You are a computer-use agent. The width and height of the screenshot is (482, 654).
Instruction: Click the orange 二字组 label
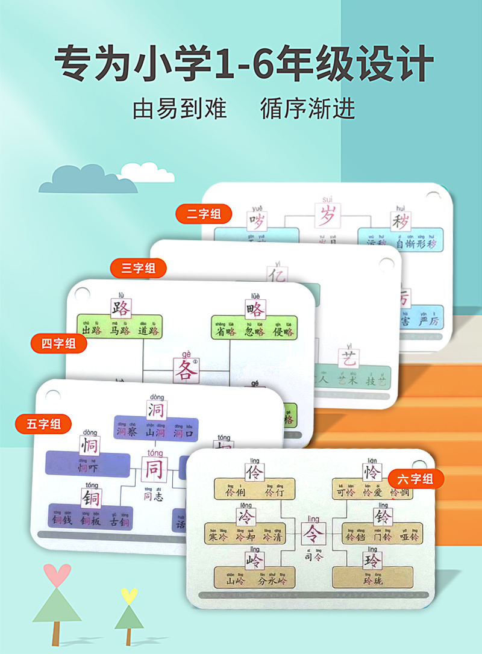coord(204,213)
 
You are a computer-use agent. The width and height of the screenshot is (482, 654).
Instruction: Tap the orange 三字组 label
coord(138,268)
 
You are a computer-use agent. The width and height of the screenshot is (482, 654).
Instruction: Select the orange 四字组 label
coord(58,344)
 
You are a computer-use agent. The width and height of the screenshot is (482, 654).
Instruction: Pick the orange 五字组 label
coord(43,423)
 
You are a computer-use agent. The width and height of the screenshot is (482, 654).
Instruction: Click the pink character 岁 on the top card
coord(327,215)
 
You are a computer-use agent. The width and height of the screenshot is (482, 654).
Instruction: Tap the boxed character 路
coord(120,308)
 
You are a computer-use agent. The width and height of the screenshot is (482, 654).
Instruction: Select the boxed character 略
coord(255,309)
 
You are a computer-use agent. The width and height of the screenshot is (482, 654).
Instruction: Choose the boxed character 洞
coord(156,410)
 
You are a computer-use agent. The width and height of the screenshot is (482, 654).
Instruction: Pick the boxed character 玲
coord(372,561)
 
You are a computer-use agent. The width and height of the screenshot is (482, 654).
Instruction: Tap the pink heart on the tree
coord(57,575)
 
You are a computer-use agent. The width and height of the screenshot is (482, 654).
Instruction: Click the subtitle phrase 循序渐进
coord(308,108)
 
